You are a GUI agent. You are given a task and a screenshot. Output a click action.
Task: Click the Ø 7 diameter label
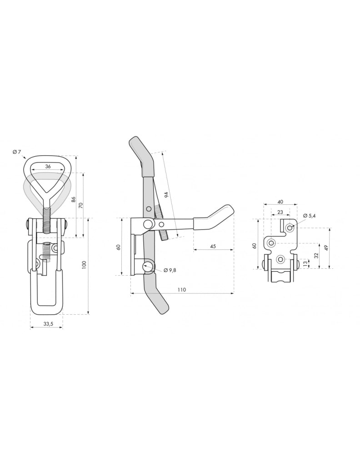point(17,152)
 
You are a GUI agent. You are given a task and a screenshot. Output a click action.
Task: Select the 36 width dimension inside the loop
point(48,166)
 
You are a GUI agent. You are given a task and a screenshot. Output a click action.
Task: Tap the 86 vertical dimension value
point(74,199)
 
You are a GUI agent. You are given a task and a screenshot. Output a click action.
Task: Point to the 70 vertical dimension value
point(81,205)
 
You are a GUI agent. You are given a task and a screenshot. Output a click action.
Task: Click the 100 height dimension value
point(84,265)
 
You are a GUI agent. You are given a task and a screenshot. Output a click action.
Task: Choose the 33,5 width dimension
point(48,324)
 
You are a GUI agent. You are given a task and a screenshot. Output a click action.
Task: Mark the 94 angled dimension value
point(167,195)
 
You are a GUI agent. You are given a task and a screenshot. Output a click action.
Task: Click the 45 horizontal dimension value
point(213,247)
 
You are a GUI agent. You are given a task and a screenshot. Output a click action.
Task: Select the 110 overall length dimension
point(182,290)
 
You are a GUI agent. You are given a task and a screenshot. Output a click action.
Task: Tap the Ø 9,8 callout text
point(170,270)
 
